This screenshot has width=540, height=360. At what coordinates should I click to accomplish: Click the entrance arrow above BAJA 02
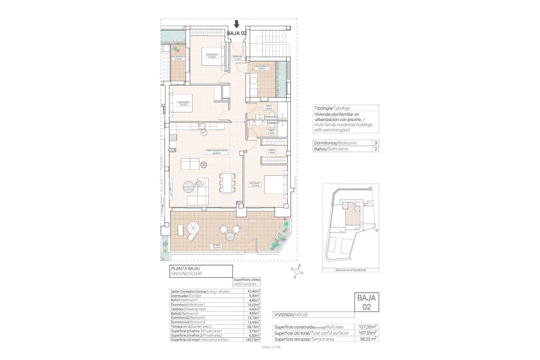click(237, 24)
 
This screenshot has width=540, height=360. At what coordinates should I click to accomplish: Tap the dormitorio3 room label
click(211, 56)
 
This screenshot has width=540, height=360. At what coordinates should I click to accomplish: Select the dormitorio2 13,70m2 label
click(184, 104)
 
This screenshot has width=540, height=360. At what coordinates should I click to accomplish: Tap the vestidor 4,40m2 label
click(271, 151)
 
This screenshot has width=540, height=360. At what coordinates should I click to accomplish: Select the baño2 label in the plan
click(268, 107)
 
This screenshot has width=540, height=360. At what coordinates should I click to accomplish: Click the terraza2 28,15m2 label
click(217, 246)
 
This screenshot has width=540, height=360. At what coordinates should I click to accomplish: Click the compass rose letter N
click(300, 265)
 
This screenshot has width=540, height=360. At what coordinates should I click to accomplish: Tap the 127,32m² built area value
click(367, 327)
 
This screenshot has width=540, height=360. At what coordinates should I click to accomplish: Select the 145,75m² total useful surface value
click(252, 340)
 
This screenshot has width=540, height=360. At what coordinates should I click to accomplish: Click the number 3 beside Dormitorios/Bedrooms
click(376, 143)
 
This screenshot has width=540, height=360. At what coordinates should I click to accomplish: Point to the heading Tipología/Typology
click(332, 108)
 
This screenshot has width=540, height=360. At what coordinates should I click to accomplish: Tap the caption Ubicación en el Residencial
click(350, 270)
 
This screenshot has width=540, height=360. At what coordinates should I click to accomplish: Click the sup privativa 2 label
click(262, 67)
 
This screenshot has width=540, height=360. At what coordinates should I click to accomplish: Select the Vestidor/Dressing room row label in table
click(188, 309)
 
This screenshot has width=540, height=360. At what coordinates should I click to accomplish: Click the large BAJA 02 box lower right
click(366, 302)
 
